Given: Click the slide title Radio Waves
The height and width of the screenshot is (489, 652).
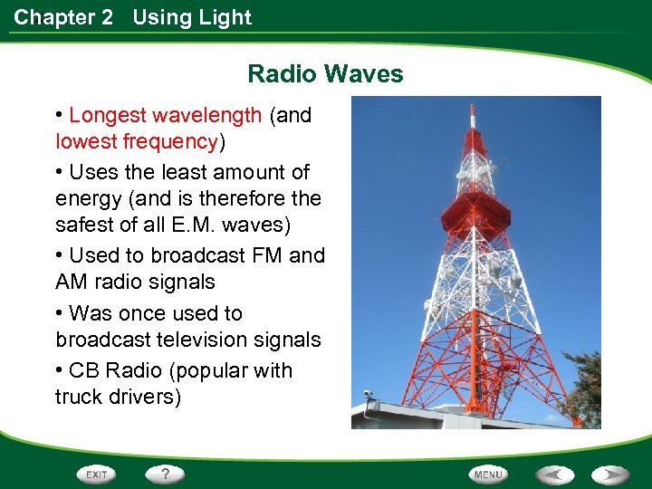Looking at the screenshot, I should click(325, 73).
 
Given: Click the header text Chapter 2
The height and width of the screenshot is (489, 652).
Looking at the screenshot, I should click(63, 17).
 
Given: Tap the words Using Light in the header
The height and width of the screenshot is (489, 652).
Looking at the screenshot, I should click(192, 17).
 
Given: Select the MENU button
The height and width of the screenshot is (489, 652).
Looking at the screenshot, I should click(488, 475).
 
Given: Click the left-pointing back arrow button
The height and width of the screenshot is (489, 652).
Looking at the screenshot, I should click(555, 475).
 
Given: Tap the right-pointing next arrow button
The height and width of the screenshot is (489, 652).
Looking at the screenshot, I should click(610, 475).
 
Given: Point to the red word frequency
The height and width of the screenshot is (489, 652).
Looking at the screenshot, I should click(171, 142).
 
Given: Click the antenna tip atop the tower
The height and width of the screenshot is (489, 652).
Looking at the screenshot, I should click(471, 110).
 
